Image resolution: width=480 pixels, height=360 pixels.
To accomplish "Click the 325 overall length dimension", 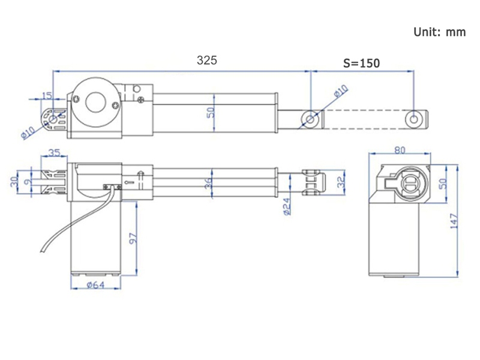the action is coord(207,61).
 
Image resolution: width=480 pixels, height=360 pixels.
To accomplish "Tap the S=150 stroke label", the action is coord(362,63).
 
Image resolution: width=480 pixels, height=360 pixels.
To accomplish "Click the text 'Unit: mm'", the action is coord(440,32).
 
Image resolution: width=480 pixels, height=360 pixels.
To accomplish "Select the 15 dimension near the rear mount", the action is coord(47,96).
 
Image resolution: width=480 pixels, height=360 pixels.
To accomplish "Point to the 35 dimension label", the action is coord(55,152).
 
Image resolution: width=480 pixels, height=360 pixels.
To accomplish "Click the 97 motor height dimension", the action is coord(133,238).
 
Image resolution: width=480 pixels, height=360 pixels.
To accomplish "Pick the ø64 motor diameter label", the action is coord(96,285).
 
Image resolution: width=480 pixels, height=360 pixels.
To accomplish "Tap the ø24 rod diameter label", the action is coord(287,206).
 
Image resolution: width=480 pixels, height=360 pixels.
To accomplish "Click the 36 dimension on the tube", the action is coord(208,184).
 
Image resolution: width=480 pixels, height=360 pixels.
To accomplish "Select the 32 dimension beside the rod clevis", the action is coord(341,182).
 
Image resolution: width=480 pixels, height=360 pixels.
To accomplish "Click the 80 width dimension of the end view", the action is coord(400,150).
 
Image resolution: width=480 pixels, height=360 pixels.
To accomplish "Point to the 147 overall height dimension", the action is coord(454,221).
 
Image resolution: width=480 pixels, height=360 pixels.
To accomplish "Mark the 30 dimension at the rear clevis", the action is coord(14,182).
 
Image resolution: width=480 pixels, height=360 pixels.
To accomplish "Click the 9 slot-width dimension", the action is coord(28,182).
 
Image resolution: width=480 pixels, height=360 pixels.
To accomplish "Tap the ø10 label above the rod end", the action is coord(341,91).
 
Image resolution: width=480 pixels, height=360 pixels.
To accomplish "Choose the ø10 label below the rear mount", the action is coord(28,133).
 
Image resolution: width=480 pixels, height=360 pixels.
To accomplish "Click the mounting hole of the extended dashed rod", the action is coord(413,119).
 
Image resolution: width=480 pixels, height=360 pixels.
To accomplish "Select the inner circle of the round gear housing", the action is coord(95,103).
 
